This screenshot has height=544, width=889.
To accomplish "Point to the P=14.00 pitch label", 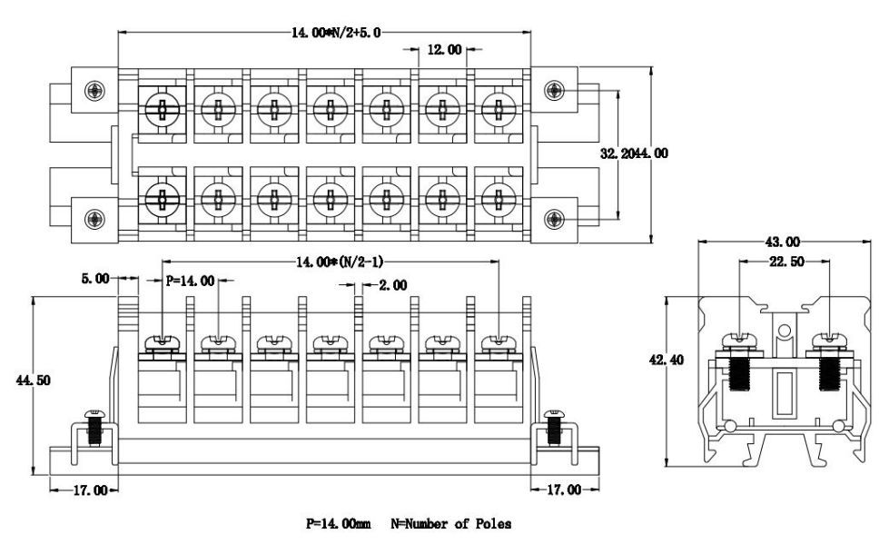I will (x=190, y=281).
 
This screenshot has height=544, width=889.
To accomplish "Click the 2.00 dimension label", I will (x=393, y=285).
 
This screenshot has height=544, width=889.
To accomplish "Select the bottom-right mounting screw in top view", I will (x=553, y=218).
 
